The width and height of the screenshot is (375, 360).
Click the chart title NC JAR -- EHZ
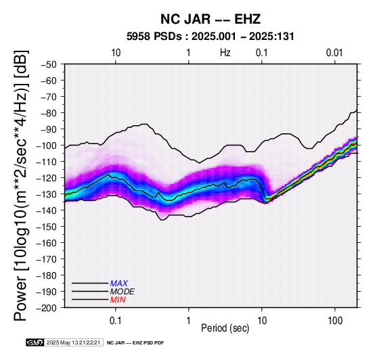point(211,19)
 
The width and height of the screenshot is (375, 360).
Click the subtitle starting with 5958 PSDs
point(211,37)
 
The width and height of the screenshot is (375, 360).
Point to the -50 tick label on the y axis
point(49,64)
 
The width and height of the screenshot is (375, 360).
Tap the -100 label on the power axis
point(47,145)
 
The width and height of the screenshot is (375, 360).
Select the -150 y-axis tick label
point(47,227)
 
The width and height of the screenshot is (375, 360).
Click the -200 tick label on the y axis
point(47,308)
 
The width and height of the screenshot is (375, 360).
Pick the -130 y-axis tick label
point(47,194)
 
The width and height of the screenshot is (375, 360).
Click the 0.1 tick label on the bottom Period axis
point(116,320)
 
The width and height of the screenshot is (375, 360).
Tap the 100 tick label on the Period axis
point(335,320)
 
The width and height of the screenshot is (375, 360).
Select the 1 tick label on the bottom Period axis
point(189,320)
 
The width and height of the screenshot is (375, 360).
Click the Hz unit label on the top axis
point(225,53)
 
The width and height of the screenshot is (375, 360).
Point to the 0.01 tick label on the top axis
point(335,53)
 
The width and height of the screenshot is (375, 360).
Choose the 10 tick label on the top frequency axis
point(116,53)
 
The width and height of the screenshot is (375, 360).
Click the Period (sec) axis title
point(225,328)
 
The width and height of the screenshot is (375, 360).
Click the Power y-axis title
point(21,185)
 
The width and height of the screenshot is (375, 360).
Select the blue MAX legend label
point(119,284)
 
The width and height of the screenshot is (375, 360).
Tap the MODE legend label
point(123,292)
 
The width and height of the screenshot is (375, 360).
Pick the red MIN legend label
point(118,300)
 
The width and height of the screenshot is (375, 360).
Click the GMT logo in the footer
point(35,342)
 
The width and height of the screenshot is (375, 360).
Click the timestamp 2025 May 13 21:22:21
point(73,342)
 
